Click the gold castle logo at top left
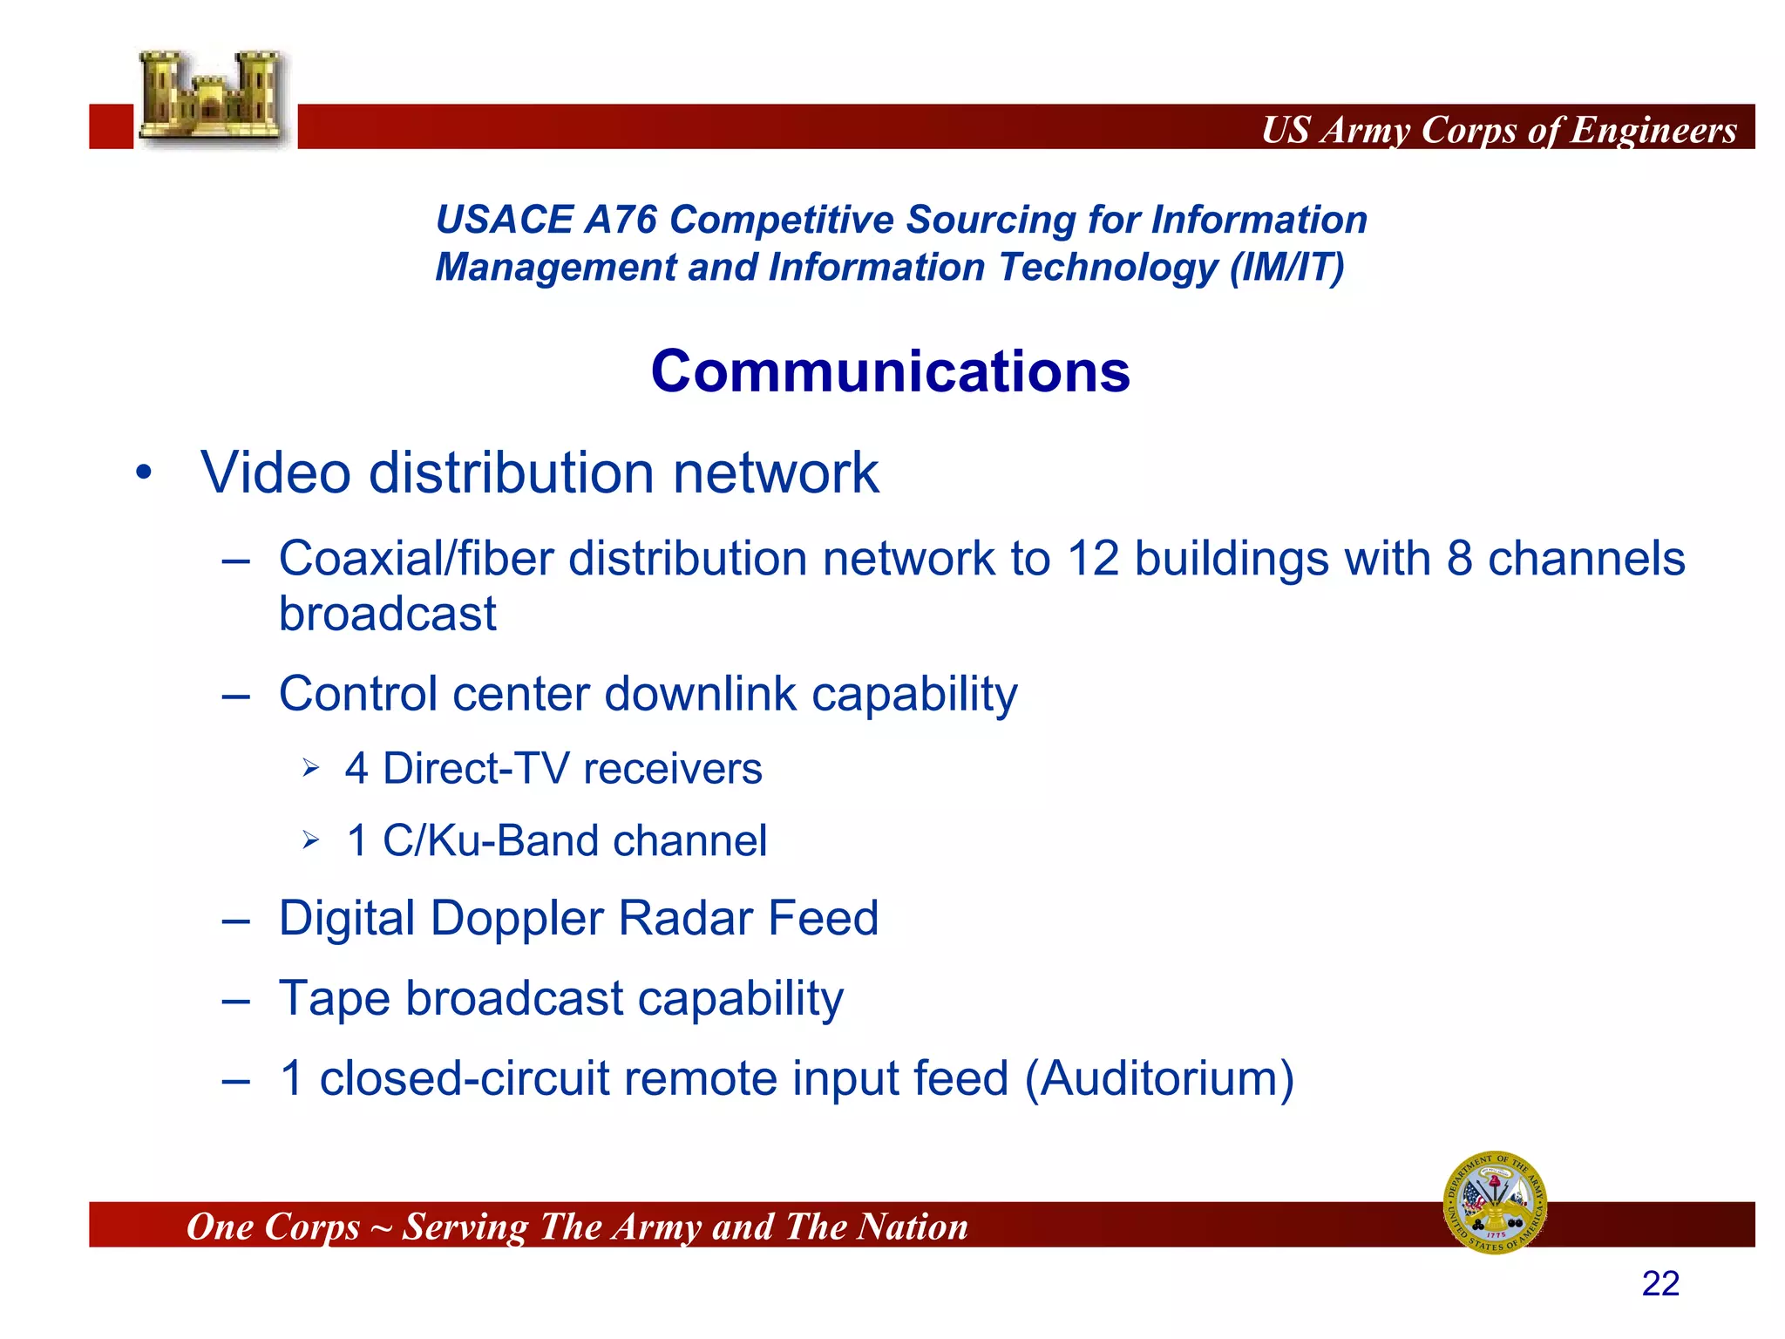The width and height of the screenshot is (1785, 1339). tap(213, 98)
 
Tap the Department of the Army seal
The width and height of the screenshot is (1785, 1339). tap(1495, 1202)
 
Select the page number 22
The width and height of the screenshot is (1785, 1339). tap(1659, 1284)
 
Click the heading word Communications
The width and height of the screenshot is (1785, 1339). tap(890, 371)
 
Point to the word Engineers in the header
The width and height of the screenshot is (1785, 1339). tap(1653, 131)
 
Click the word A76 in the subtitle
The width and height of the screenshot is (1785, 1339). tap(620, 220)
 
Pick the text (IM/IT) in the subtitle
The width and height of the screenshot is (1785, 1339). tap(1286, 267)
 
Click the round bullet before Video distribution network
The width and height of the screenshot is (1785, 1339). tap(144, 473)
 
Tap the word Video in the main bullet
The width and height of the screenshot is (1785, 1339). tap(275, 473)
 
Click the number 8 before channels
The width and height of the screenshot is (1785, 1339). tap(1460, 559)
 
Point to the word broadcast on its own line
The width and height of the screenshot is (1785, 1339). tap(387, 615)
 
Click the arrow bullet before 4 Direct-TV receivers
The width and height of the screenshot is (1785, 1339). tap(311, 769)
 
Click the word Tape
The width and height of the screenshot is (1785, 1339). tap(334, 998)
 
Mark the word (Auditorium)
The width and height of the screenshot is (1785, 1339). tap(1159, 1078)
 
